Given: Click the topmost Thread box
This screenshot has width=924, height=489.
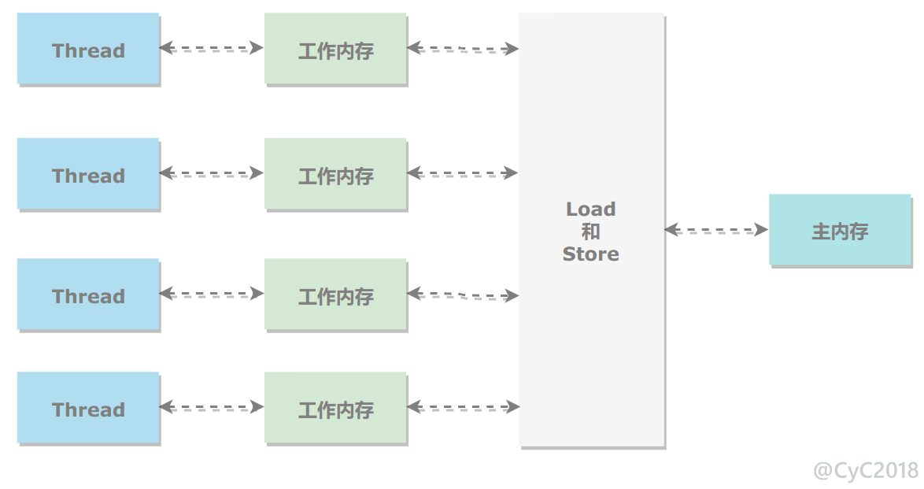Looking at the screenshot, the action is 88,49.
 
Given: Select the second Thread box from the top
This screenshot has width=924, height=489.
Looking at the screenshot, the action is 88,175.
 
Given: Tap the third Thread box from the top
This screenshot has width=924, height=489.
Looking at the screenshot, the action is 88,295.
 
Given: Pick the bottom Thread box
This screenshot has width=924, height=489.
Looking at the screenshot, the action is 88,408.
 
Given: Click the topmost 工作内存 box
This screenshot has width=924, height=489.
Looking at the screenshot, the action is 336,49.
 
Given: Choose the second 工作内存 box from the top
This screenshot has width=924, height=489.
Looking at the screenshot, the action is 336,175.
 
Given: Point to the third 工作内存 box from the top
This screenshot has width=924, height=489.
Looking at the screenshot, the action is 336,295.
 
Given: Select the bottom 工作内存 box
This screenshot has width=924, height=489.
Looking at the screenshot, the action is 336,408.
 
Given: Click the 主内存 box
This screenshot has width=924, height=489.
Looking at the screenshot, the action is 841,231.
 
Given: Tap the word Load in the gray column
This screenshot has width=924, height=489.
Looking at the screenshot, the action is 591,209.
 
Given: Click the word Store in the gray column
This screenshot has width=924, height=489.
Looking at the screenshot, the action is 591,254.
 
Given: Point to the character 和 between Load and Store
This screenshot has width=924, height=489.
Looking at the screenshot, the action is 591,232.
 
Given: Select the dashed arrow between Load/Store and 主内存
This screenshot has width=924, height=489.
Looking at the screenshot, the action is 716,229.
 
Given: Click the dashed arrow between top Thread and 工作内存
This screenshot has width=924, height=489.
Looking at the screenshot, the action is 212,48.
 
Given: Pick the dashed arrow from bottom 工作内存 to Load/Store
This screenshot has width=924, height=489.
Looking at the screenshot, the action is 463,406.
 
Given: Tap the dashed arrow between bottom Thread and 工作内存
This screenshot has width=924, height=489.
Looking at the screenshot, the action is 212,406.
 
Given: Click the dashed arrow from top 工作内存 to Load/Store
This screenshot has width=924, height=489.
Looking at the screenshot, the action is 463,48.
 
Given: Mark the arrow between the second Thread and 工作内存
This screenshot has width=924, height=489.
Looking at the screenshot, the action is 212,172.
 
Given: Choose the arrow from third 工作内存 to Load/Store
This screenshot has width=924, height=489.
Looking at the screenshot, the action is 463,295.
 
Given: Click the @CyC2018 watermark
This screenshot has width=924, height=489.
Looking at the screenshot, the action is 866,470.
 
